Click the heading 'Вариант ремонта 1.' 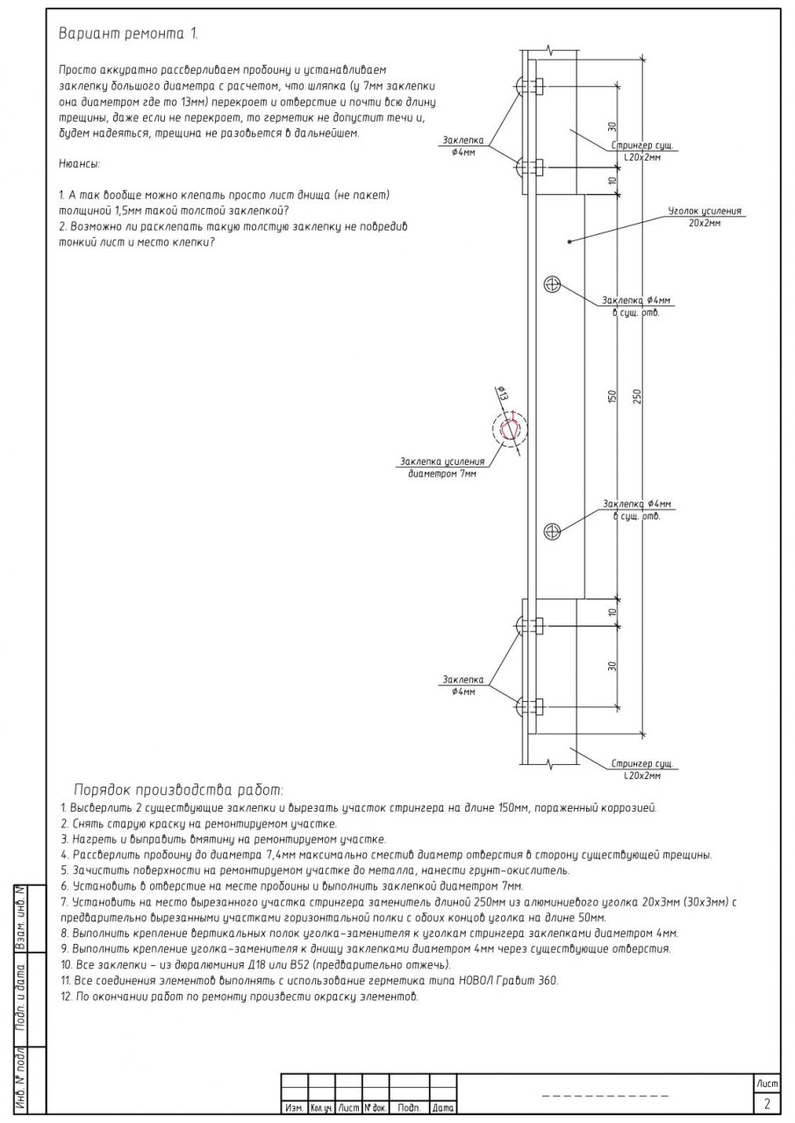tap(128, 34)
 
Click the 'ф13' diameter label tap(503, 395)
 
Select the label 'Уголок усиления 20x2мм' tap(705, 218)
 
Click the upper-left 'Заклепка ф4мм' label tap(463, 146)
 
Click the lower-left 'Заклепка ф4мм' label tap(463, 685)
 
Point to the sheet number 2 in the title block tap(767, 1103)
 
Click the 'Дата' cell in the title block tap(442, 1109)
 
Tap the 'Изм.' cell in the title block tap(294, 1109)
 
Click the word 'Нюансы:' tap(79, 163)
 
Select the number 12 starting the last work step tap(65, 998)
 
